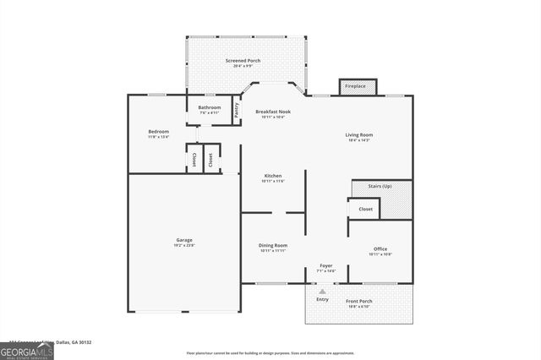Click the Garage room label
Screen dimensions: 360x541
(x=184, y=240)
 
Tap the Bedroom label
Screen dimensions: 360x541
(x=158, y=131)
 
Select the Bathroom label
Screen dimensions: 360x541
(x=210, y=107)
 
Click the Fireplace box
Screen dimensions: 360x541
(x=356, y=86)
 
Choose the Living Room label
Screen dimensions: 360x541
(x=358, y=134)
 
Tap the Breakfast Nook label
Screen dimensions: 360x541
(x=273, y=111)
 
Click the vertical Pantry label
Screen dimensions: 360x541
(x=236, y=111)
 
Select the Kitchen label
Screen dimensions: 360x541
(x=272, y=175)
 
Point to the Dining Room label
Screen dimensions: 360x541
(x=273, y=245)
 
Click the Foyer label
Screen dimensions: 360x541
(x=325, y=265)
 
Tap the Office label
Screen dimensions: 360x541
(x=380, y=248)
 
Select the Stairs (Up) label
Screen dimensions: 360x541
(x=379, y=186)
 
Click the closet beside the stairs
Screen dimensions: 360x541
(x=365, y=208)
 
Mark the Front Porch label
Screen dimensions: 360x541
(x=359, y=301)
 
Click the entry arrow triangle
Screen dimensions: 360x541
(x=322, y=291)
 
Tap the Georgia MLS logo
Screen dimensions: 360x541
(x=27, y=350)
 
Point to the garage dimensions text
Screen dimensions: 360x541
(x=184, y=245)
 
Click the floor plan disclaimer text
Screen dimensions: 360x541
(x=270, y=352)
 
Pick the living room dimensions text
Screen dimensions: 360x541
(x=358, y=139)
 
